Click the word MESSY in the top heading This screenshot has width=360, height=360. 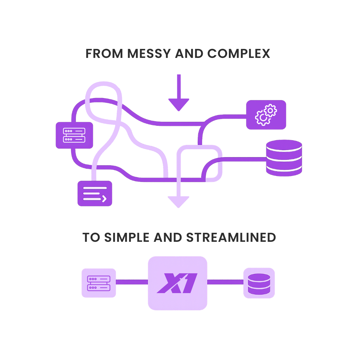point(149,54)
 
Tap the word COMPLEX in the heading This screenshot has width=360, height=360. point(239,54)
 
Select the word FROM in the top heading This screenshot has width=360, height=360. point(104,54)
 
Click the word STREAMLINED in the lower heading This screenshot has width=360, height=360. point(231,238)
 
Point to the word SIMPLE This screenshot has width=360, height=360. point(127,238)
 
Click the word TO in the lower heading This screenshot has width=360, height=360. point(91,238)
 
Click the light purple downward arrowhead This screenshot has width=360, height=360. point(178,202)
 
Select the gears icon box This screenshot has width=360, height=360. point(266,115)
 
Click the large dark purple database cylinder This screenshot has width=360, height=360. point(284,158)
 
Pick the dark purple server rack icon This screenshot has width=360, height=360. point(74,135)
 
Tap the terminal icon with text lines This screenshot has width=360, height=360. point(95,193)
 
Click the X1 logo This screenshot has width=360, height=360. point(177,283)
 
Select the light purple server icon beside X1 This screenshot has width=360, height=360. point(99,283)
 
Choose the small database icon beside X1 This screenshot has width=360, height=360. point(259,283)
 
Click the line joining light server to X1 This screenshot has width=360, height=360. point(132,282)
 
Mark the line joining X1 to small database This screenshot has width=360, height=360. point(225,282)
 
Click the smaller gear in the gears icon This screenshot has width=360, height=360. point(271,110)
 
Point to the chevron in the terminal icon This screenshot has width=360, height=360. point(104,199)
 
